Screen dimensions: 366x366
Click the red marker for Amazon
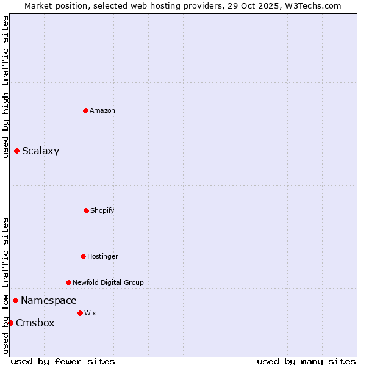coord(86,110)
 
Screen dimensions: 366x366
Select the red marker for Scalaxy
coord(17,151)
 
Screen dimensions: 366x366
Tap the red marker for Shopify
coord(86,210)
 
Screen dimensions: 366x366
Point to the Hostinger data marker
coord(83,256)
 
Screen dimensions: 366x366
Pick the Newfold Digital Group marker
coord(68,282)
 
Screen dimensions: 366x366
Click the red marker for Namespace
coord(16,300)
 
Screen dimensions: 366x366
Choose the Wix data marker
coord(80,313)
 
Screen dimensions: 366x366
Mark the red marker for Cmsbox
coord(11,323)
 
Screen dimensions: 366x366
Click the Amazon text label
coord(102,110)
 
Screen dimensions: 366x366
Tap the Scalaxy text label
coord(40,151)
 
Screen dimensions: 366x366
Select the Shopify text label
coord(102,210)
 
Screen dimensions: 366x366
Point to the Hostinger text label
coord(102,256)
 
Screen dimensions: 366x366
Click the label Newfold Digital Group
coord(108,282)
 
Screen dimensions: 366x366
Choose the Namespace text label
coord(49,300)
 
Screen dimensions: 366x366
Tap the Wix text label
coord(90,313)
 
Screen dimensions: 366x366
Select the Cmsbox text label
coord(35,323)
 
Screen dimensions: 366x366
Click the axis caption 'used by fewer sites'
coord(63,361)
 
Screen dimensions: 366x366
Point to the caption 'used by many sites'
coord(306,361)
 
